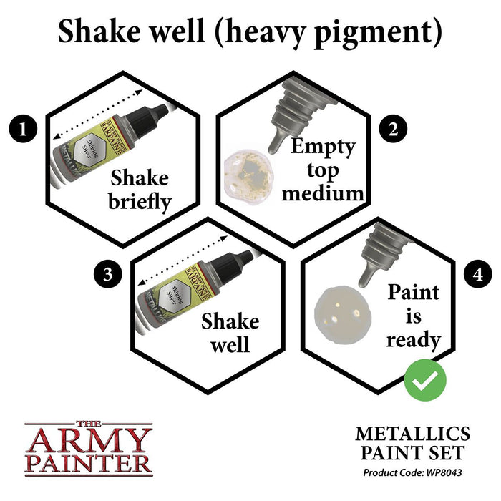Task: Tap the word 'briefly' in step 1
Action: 140,201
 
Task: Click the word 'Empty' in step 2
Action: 324,147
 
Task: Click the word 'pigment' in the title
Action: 369,32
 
